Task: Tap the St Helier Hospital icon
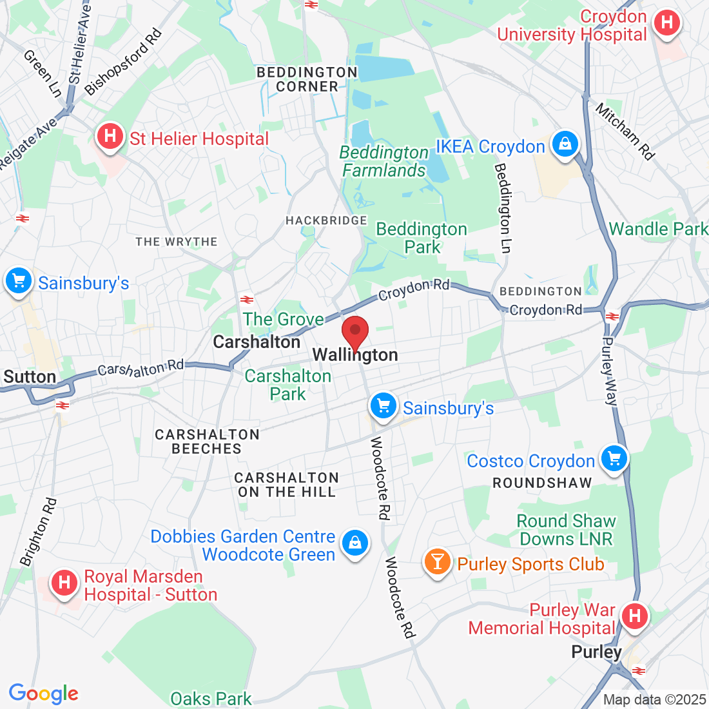110,137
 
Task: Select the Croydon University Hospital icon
666,23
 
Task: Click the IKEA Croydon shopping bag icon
565,145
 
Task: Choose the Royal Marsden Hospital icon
64,583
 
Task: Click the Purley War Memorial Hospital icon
635,616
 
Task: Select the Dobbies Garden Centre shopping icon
354,543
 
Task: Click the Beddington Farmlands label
384,162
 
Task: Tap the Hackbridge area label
326,221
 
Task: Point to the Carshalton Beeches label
207,442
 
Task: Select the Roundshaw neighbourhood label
542,483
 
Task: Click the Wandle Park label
657,229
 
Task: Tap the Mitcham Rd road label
625,131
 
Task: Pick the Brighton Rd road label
38,532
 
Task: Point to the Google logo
43,694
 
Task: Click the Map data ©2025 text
654,699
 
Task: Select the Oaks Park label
211,699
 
